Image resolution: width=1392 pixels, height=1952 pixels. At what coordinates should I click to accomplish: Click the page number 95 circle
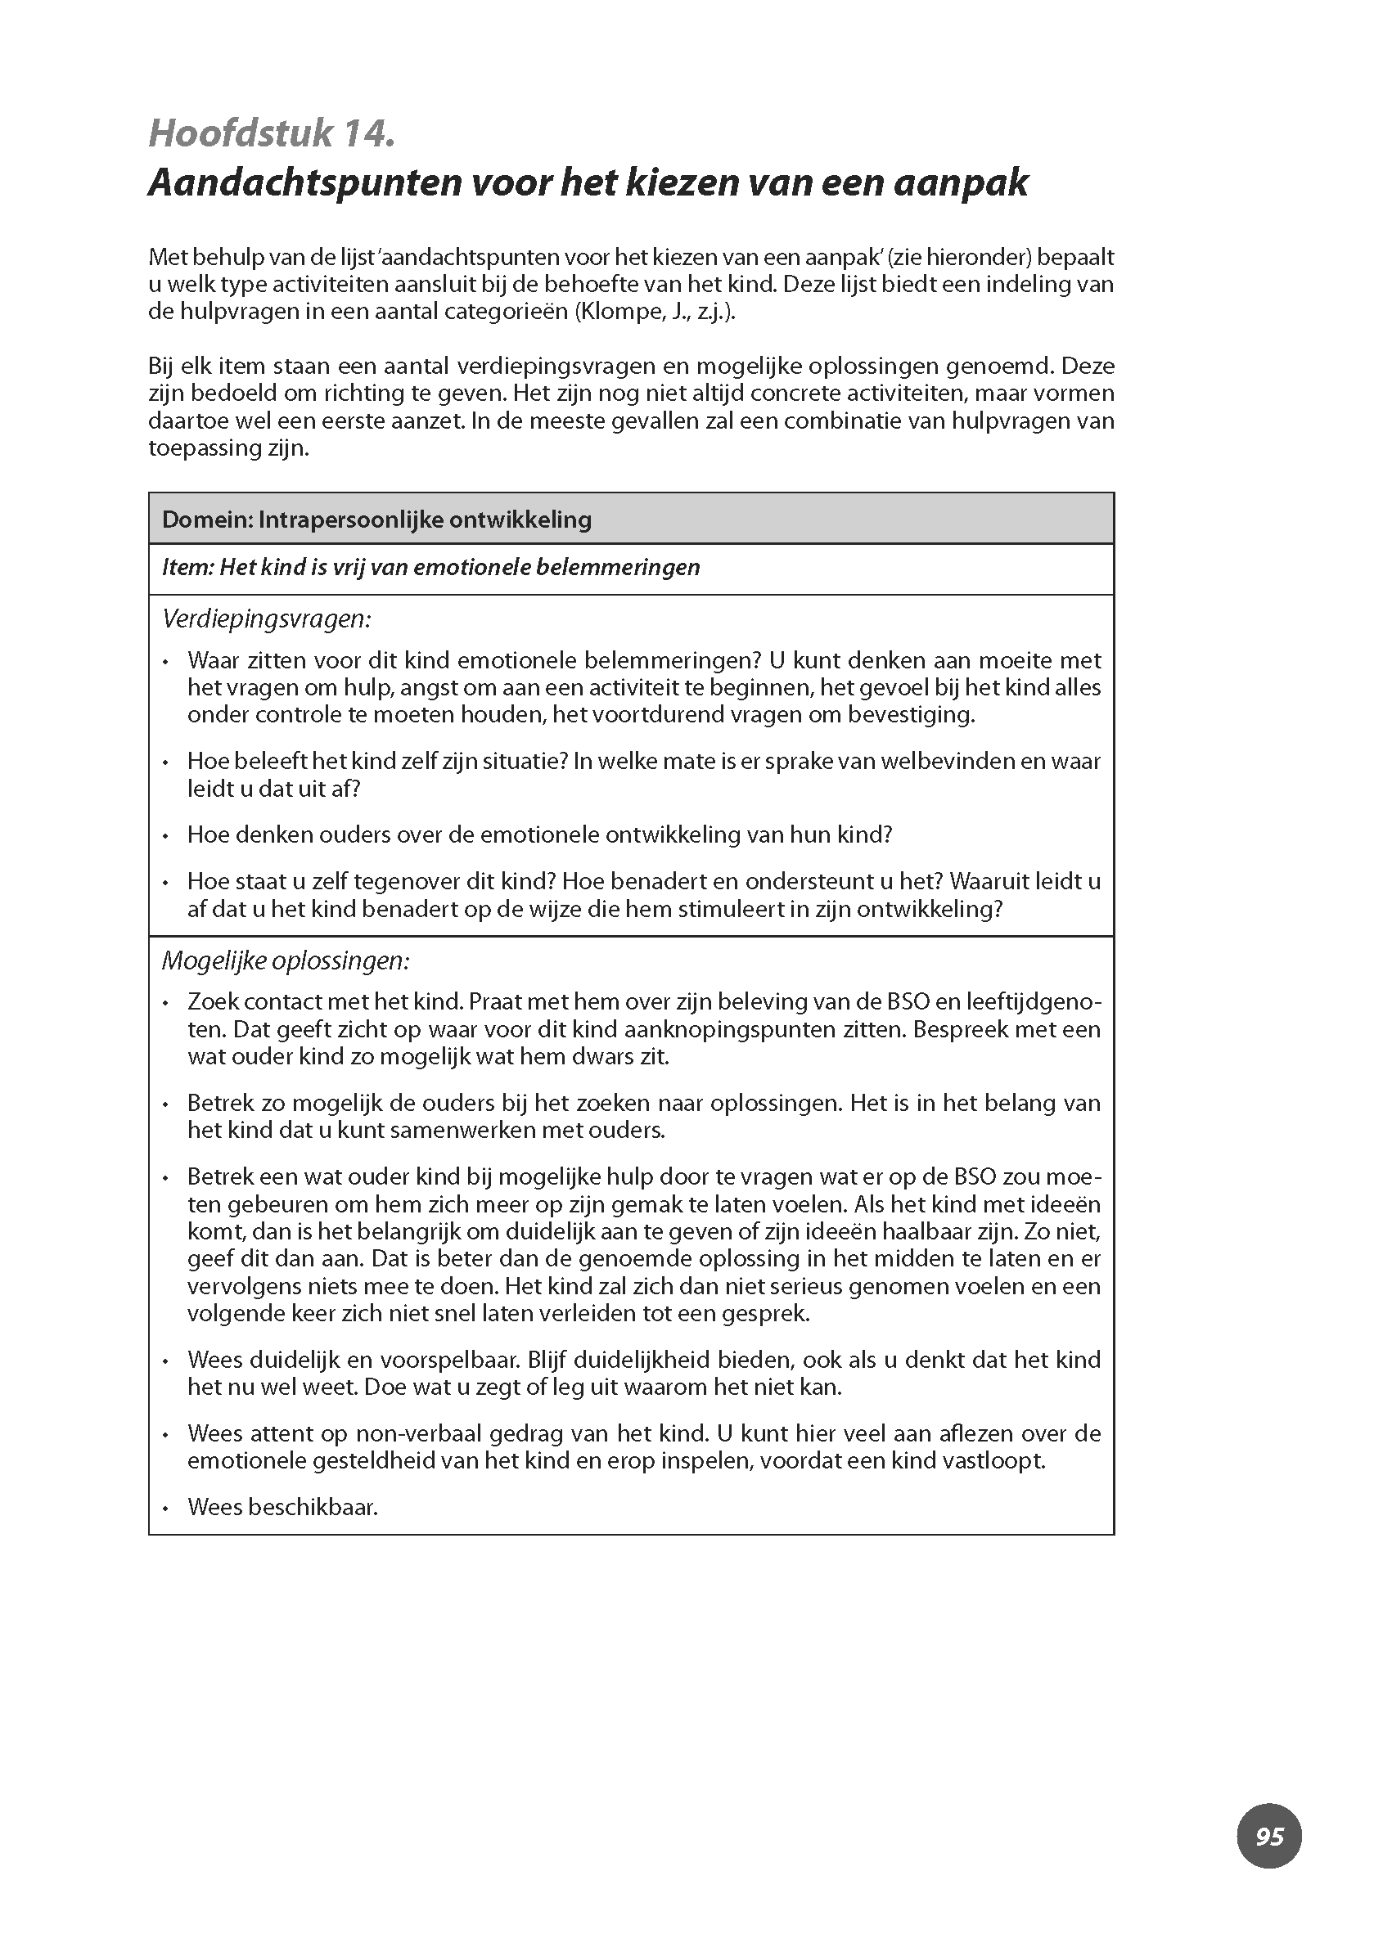tap(1268, 1836)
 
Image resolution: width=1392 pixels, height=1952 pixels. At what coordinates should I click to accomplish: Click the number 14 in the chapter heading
tap(364, 133)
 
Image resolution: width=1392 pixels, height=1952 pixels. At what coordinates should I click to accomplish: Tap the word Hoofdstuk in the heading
tap(240, 133)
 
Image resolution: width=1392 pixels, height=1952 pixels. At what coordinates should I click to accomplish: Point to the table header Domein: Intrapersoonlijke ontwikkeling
tap(376, 519)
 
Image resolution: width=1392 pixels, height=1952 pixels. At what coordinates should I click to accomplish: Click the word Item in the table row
tap(186, 567)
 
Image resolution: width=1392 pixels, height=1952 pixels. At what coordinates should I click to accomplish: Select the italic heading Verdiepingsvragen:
tap(266, 618)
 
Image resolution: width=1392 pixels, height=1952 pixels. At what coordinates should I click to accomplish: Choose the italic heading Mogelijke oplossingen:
tap(286, 960)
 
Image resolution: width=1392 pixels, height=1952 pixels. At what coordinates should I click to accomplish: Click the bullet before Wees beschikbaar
tap(164, 1508)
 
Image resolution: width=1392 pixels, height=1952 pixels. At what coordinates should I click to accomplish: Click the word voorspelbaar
tap(444, 1360)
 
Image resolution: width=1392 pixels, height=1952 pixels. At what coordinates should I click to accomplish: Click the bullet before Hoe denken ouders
tap(164, 835)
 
